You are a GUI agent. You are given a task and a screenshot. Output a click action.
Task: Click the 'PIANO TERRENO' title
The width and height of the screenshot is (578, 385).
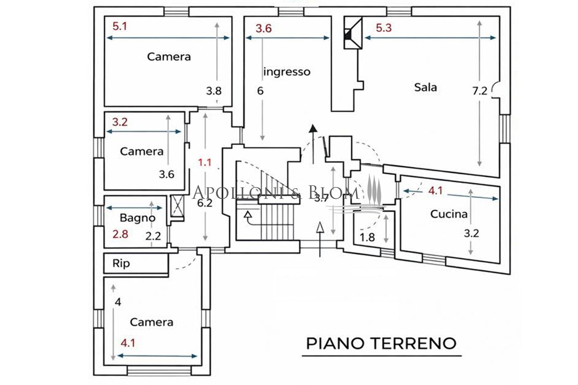381,343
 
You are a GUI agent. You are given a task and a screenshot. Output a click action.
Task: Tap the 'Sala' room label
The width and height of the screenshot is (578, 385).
425,87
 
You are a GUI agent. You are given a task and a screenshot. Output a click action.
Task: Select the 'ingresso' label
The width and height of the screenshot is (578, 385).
287,72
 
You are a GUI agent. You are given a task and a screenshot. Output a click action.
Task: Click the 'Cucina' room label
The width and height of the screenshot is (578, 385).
449,214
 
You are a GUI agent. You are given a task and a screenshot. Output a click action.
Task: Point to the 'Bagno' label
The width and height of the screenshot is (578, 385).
138,218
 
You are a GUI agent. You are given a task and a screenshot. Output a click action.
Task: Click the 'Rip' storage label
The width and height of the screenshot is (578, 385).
121,263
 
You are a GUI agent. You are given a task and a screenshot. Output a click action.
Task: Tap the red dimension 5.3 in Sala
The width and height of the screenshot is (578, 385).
384,28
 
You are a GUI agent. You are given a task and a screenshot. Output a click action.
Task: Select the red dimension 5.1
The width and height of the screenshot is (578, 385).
120,26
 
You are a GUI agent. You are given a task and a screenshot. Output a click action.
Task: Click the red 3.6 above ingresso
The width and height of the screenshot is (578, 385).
264,28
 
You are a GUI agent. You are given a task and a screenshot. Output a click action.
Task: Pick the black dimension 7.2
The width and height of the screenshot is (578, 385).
480,91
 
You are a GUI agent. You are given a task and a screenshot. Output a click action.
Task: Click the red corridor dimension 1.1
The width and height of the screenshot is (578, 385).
205,162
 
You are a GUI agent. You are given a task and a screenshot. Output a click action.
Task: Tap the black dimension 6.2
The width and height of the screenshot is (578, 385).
205,203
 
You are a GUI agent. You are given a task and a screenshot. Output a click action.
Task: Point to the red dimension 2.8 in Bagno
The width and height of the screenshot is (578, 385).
120,234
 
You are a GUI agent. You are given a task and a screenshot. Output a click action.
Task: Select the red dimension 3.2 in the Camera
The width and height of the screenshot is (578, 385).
120,122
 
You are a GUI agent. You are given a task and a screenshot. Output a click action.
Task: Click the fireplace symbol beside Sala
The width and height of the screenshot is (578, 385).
353,33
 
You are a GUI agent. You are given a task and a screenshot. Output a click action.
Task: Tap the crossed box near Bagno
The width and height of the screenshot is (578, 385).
178,205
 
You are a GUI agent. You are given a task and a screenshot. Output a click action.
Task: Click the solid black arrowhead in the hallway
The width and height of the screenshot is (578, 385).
313,128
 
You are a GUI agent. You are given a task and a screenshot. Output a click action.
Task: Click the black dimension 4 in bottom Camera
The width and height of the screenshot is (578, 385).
118,302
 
